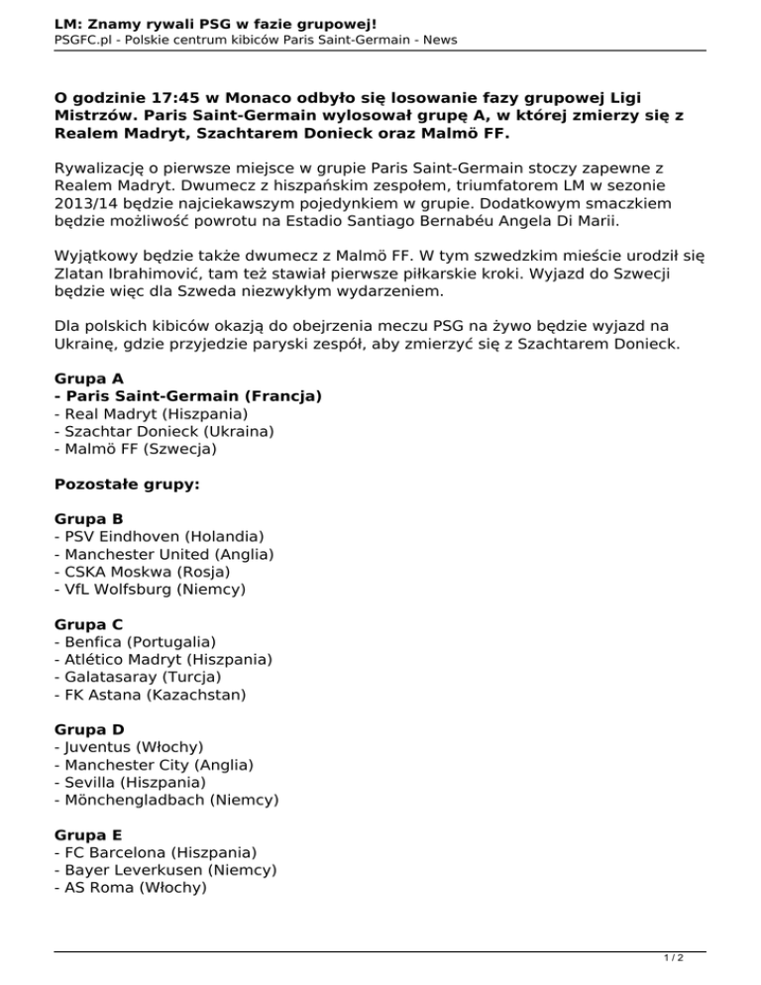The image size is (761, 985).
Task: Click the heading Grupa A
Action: point(89,379)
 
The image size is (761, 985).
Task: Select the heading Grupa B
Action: point(89,518)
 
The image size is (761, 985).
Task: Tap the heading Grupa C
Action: point(89,624)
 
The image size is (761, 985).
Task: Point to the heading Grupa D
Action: point(89,729)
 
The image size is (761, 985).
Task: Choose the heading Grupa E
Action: point(89,834)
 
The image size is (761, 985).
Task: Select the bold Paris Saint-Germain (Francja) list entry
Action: point(188,395)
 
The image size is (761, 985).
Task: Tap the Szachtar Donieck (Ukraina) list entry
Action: point(164,431)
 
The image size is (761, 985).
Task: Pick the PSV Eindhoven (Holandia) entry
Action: point(159,536)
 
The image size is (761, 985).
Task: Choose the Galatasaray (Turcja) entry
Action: point(138,677)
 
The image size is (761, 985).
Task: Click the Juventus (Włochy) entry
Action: point(134,747)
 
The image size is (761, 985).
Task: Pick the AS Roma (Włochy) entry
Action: point(131,888)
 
